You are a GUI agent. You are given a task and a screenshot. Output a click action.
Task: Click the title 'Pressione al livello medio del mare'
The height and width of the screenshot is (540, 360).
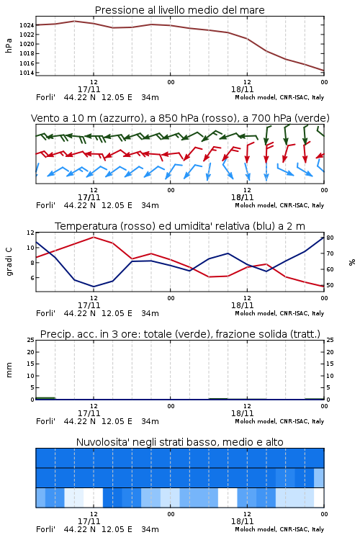click(179, 10)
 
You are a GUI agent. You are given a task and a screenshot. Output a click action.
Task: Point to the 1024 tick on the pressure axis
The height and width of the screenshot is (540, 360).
click(27, 25)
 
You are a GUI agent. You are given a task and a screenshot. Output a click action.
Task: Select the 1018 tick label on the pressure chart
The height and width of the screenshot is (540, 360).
click(27, 53)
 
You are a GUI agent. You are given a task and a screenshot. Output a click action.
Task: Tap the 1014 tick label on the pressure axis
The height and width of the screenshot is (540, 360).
click(27, 73)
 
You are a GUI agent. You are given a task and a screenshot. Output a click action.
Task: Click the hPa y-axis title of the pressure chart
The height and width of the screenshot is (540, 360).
click(9, 45)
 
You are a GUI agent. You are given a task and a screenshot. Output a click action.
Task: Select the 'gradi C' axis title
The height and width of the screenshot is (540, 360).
click(9, 262)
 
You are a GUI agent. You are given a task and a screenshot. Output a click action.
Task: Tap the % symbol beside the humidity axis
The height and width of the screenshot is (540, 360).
click(352, 262)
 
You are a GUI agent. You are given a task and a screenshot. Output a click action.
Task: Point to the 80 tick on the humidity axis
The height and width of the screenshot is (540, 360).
click(330, 238)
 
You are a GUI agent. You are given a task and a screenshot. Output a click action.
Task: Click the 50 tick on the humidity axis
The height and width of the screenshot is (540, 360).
click(330, 285)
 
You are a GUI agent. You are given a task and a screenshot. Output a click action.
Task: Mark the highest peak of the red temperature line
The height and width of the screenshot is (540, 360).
click(94, 237)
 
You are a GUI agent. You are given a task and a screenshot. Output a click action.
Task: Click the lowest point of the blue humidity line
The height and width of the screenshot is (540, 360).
click(94, 287)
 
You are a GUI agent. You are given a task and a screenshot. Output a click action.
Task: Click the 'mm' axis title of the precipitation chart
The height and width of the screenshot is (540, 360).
click(9, 370)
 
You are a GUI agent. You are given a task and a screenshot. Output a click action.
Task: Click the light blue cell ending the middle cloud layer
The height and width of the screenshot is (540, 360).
click(319, 477)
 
